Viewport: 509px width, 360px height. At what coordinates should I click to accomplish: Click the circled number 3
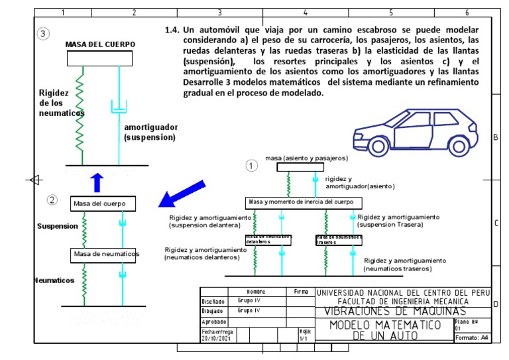pyautogui.click(x=44, y=34)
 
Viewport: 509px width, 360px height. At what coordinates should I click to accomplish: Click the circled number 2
pyautogui.click(x=52, y=200)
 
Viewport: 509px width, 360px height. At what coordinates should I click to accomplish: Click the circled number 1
pyautogui.click(x=251, y=166)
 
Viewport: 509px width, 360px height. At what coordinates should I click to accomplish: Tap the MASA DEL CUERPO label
pyautogui.click(x=100, y=44)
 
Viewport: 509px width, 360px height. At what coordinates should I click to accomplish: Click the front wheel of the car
pyautogui.click(x=378, y=145)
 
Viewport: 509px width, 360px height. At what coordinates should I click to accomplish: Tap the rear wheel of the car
pyautogui.click(x=457, y=144)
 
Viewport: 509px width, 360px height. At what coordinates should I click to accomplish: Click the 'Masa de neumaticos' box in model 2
pyautogui.click(x=106, y=254)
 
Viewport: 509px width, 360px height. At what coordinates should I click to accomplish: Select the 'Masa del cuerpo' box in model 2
pyautogui.click(x=103, y=203)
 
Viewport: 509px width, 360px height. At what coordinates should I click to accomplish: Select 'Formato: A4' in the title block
pyautogui.click(x=471, y=338)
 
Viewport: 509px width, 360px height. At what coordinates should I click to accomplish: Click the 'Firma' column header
pyautogui.click(x=300, y=291)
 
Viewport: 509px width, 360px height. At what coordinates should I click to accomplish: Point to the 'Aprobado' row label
pyautogui.click(x=214, y=321)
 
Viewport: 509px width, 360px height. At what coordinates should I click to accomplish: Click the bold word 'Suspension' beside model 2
pyautogui.click(x=58, y=226)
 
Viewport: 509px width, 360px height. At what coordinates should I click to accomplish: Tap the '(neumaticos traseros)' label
pyautogui.click(x=398, y=269)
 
